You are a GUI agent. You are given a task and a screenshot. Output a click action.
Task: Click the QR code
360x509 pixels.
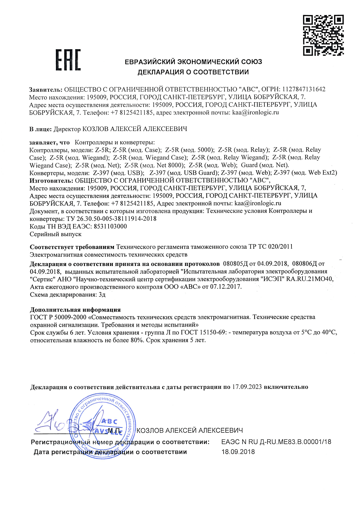pyautogui.click(x=323, y=35)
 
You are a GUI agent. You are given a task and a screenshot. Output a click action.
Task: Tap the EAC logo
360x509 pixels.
pyautogui.click(x=68, y=60)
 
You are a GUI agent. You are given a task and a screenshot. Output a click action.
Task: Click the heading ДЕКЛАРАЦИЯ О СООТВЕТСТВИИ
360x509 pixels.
pyautogui.click(x=193, y=72)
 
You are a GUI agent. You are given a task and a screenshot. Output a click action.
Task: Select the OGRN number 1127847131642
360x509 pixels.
pyautogui.click(x=304, y=89)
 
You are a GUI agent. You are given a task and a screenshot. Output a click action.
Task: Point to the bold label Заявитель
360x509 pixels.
pyautogui.click(x=45, y=90)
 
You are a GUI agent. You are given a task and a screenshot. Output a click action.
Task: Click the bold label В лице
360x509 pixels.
pyautogui.click(x=40, y=129)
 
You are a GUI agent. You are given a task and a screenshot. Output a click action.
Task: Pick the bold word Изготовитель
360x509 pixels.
pyautogui.click(x=51, y=181)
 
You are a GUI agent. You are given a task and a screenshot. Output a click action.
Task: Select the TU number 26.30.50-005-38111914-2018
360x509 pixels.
pyautogui.click(x=116, y=219)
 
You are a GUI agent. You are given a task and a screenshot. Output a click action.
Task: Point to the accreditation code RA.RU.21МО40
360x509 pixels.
pyautogui.click(x=310, y=279)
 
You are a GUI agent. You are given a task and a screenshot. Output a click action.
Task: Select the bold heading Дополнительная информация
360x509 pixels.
pyautogui.click(x=75, y=310)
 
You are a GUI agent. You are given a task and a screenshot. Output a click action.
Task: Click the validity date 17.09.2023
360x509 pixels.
pyautogui.click(x=247, y=387)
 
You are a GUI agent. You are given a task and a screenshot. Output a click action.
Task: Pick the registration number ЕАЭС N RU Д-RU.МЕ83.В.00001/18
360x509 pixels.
pyautogui.click(x=276, y=442)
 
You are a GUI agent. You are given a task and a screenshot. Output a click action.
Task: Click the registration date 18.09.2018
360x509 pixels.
pyautogui.click(x=238, y=452)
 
